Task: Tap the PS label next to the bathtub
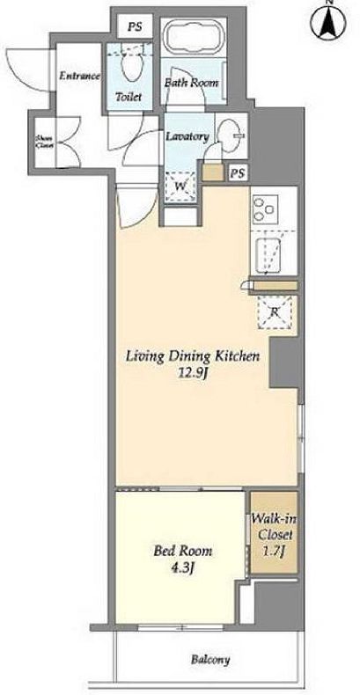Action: [x=135, y=26]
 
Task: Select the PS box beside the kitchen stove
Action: [x=238, y=173]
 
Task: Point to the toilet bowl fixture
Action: [x=132, y=67]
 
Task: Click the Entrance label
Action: [x=80, y=76]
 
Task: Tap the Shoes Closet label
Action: [x=44, y=141]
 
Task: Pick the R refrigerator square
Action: [x=275, y=312]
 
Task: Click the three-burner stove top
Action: [x=265, y=209]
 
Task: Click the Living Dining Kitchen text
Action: [x=193, y=356]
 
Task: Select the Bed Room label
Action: [x=183, y=551]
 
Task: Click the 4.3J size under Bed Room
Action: [x=182, y=568]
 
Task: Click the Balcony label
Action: [x=210, y=660]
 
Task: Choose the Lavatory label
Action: [x=187, y=136]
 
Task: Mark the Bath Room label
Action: [x=192, y=83]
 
